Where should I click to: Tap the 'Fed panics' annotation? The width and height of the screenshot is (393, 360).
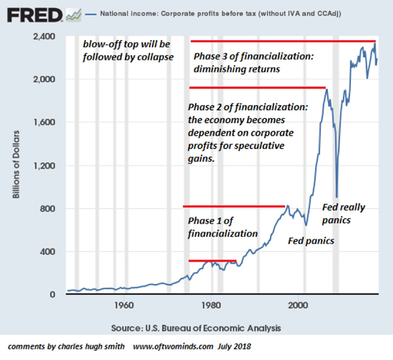311,241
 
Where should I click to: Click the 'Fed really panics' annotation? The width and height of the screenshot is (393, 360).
345,214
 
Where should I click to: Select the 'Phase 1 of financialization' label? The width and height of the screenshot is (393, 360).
223,227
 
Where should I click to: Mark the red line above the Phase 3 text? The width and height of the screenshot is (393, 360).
283,41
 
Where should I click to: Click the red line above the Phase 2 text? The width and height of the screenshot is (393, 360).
257,88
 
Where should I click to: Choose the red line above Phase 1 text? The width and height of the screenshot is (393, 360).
234,207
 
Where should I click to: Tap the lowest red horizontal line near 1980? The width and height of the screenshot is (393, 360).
212,260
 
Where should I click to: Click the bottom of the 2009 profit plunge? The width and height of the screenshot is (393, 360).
337,195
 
